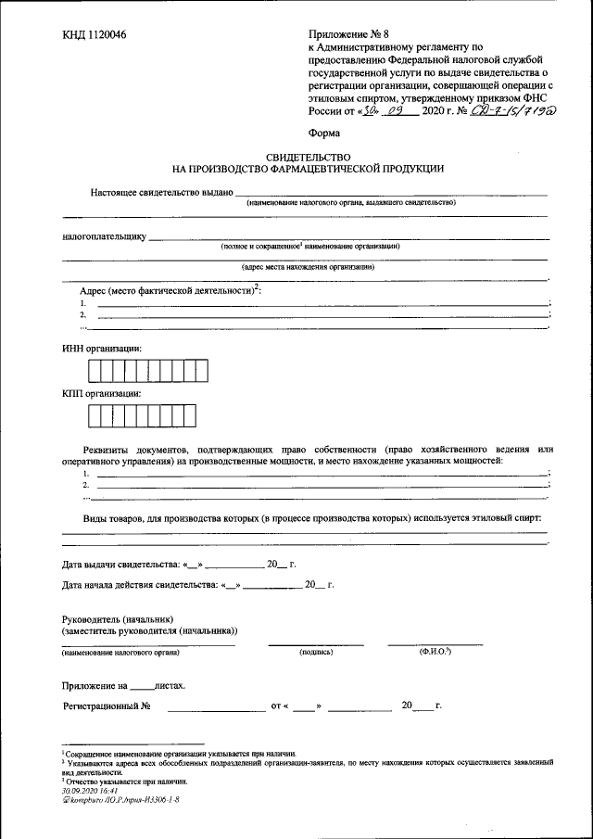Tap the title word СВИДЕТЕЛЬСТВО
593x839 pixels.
[308, 159]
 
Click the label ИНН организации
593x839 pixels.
[102, 348]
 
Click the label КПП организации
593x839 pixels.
[102, 393]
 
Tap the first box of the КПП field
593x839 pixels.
[95, 416]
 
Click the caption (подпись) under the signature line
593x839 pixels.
[316, 653]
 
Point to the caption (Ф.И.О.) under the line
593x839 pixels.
[435, 652]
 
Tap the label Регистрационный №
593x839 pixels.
[107, 706]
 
